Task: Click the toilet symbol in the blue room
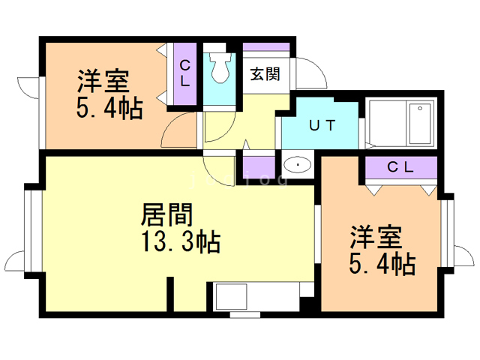(220, 67)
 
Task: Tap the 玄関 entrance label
(265, 74)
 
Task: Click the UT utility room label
(322, 125)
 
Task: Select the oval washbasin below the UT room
(298, 165)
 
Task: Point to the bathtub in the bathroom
(420, 123)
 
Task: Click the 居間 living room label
(166, 214)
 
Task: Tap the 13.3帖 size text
(181, 241)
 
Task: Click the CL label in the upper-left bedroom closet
(185, 73)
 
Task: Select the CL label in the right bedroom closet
(400, 167)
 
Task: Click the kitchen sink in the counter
(232, 296)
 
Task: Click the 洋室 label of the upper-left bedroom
(103, 81)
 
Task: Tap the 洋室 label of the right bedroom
(376, 237)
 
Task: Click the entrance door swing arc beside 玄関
(318, 68)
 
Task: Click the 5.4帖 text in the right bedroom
(382, 263)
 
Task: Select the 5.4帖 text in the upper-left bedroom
(109, 108)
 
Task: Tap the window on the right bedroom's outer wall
(447, 232)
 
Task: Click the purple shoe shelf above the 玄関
(266, 47)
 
